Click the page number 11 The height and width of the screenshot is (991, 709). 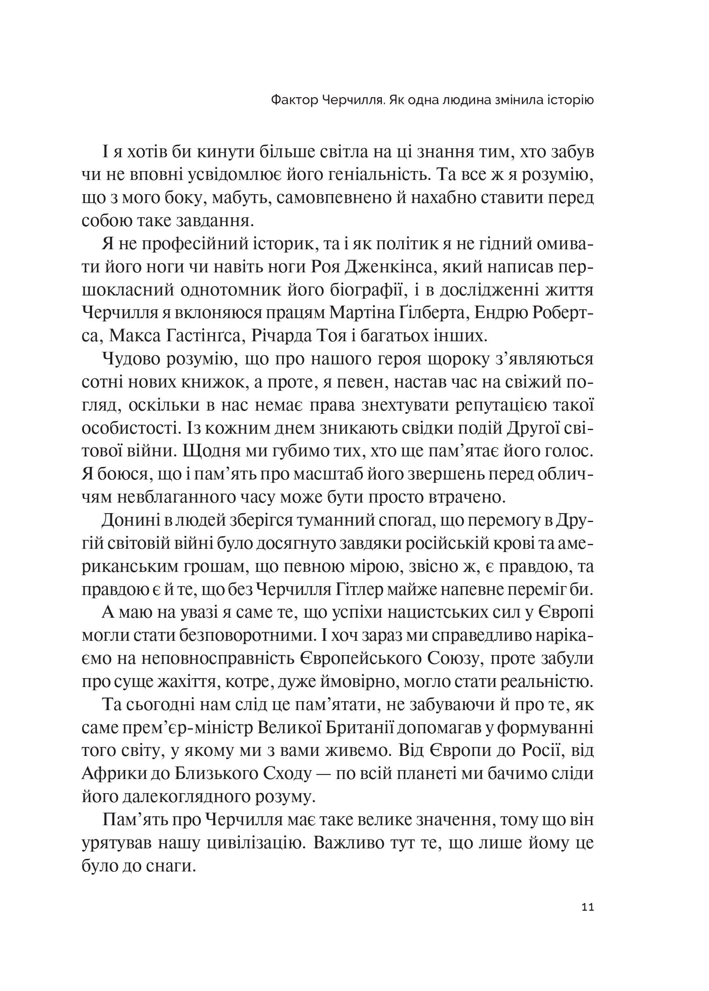click(x=587, y=907)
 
